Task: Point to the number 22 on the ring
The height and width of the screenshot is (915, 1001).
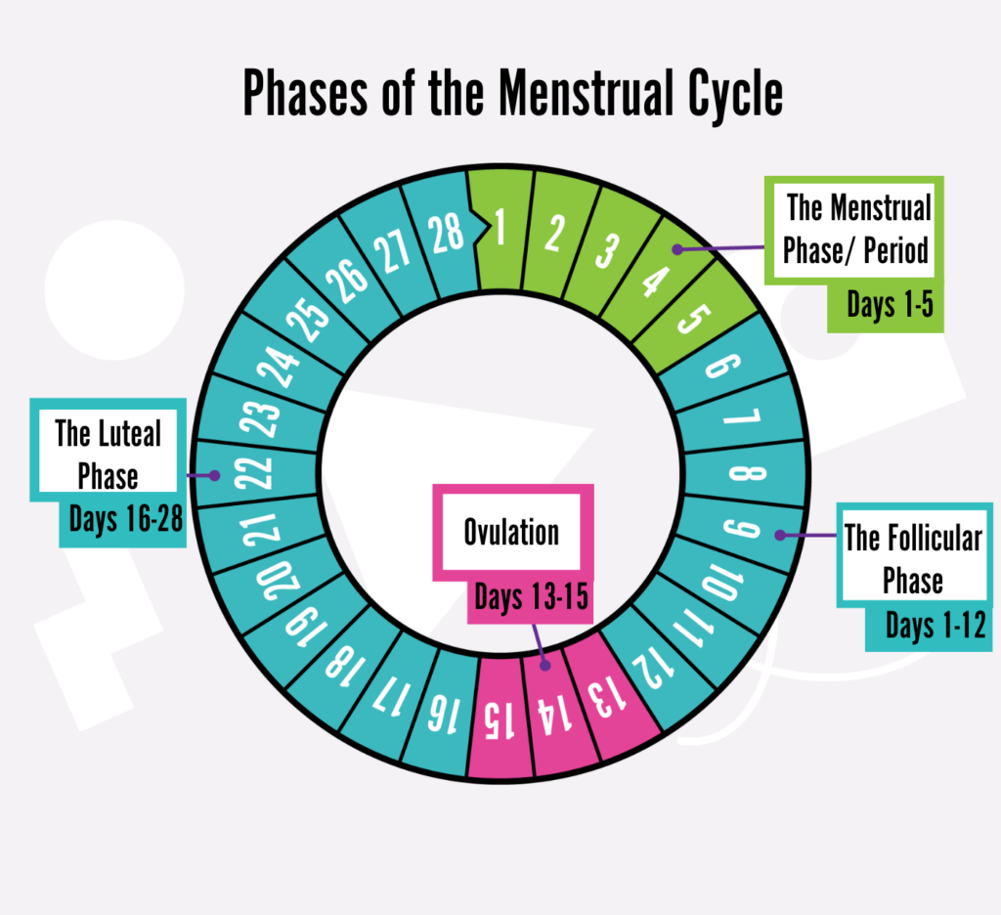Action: (x=253, y=473)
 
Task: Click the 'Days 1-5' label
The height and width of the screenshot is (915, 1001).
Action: (x=890, y=305)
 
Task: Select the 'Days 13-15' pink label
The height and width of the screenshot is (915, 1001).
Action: (x=531, y=597)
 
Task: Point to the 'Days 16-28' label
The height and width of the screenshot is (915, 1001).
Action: (x=126, y=518)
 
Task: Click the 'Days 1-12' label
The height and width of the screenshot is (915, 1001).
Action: (x=936, y=625)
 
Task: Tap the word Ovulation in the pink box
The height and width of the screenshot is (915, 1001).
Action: (x=511, y=532)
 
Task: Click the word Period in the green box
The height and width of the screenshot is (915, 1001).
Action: (x=896, y=249)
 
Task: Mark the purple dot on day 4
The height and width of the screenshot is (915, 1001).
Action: (x=677, y=249)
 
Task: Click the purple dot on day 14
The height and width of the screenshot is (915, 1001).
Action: (x=545, y=666)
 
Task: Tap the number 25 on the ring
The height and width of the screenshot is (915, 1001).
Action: (x=307, y=321)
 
